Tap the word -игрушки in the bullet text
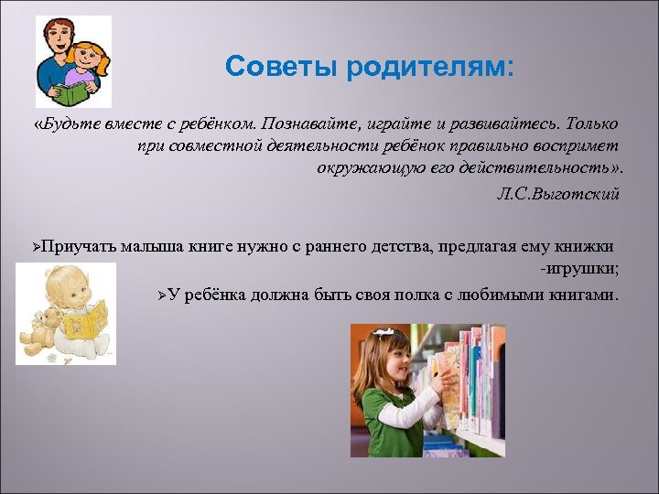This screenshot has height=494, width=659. click(x=579, y=269)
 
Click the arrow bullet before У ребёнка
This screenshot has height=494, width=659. click(x=162, y=295)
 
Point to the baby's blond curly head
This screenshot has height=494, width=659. click(x=64, y=284)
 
